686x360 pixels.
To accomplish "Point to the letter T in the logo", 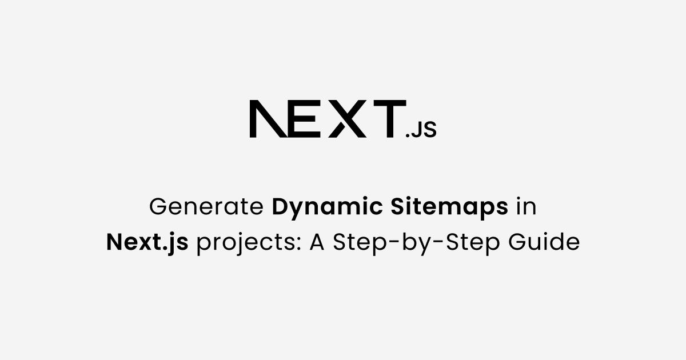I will [386, 119].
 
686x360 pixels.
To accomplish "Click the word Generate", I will [206, 207].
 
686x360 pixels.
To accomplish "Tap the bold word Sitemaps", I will [449, 207].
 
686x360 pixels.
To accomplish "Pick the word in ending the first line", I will [527, 207].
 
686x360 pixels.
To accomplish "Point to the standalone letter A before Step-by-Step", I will [317, 243].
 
